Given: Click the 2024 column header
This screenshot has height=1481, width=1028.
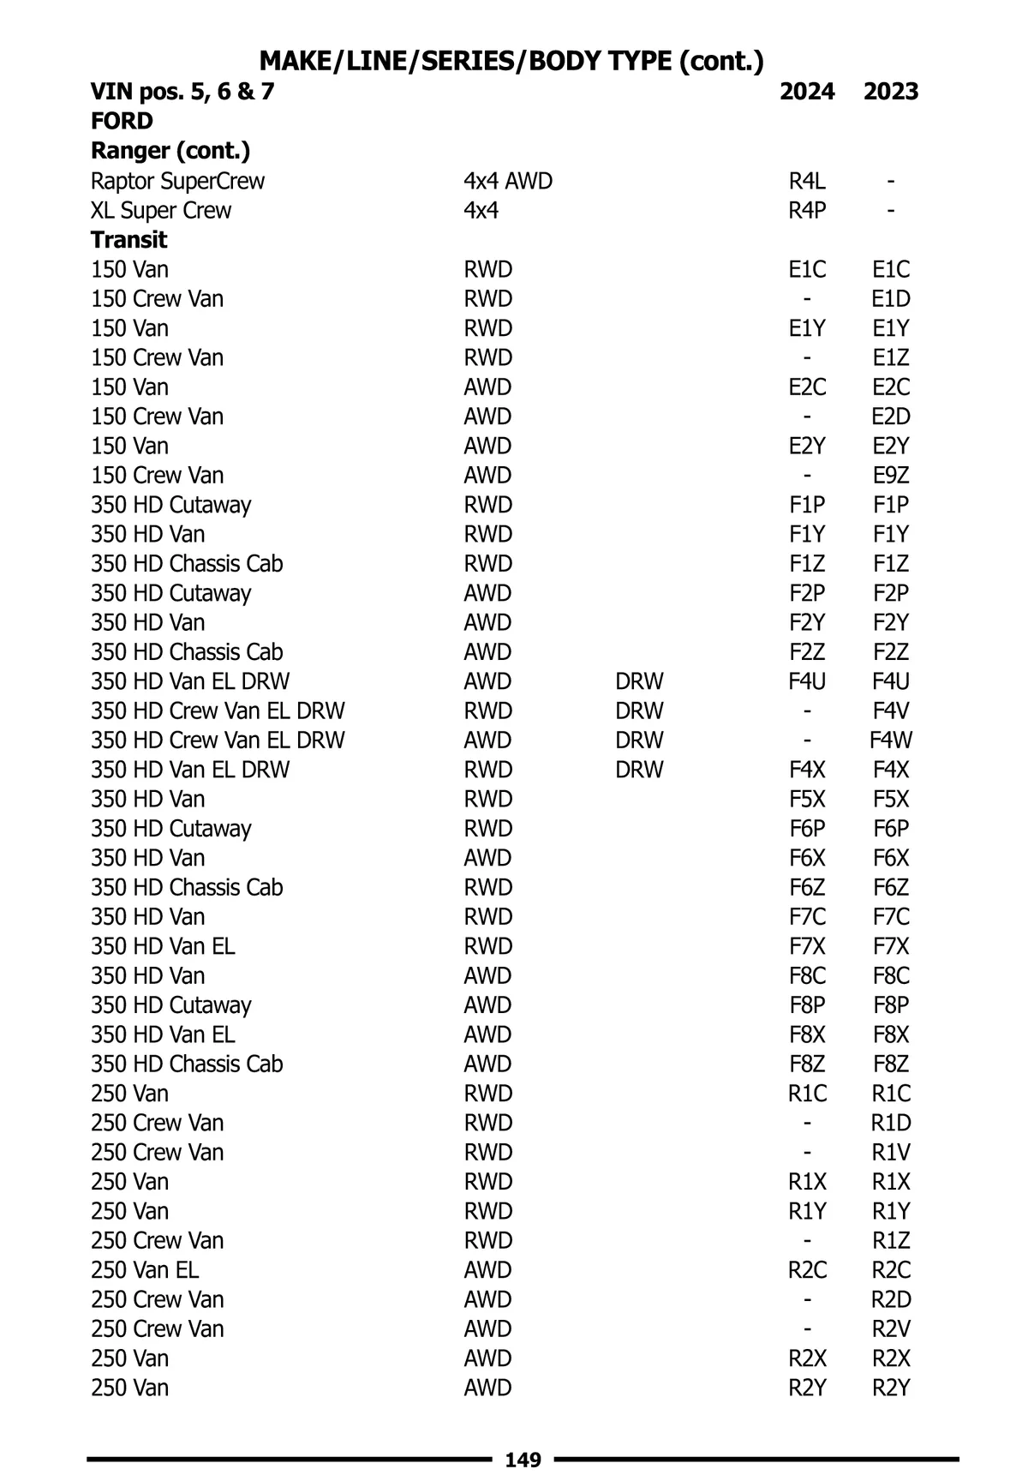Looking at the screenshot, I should click(x=806, y=92).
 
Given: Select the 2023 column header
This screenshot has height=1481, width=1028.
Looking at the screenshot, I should click(x=890, y=92).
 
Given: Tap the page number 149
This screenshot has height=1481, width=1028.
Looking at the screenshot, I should click(x=523, y=1460).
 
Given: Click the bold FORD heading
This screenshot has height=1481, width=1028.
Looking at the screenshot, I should click(x=122, y=121).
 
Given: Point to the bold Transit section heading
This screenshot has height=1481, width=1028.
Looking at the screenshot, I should click(x=128, y=239).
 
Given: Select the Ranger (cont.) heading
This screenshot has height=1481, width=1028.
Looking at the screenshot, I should click(x=170, y=151).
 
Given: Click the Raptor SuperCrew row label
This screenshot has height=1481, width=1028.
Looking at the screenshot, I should click(x=177, y=181).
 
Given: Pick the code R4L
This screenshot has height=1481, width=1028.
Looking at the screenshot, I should click(x=806, y=181).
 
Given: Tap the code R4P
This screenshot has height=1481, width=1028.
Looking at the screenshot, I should click(x=806, y=210).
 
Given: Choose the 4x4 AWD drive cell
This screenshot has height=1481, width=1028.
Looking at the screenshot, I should click(x=508, y=181).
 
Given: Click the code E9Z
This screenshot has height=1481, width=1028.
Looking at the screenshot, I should click(x=890, y=475).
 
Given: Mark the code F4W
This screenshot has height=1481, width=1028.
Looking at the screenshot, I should click(x=890, y=740).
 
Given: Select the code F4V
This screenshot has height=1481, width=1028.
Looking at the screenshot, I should click(x=890, y=711).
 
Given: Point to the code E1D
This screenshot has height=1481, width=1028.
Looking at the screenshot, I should click(x=890, y=298).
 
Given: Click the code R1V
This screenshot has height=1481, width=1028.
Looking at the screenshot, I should click(x=890, y=1152).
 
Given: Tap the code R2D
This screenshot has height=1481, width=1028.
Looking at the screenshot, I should click(x=890, y=1299).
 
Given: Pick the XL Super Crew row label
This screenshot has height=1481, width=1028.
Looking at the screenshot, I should click(x=161, y=210).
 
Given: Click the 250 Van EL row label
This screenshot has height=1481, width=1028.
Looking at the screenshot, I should click(x=145, y=1269).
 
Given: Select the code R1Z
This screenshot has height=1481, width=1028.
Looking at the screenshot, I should click(x=890, y=1240).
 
